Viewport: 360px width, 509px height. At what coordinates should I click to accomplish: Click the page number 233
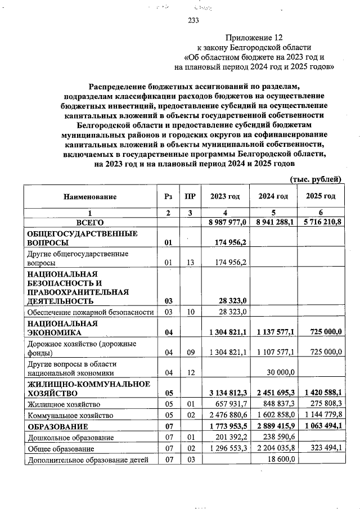pos(193,21)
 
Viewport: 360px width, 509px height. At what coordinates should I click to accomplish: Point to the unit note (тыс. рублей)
pos(315,179)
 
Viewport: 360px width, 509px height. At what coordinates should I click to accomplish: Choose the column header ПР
pos(190,197)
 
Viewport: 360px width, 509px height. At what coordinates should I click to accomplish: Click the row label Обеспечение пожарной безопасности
pos(90,312)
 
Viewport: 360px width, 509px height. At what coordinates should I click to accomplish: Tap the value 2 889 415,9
pos(275,426)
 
